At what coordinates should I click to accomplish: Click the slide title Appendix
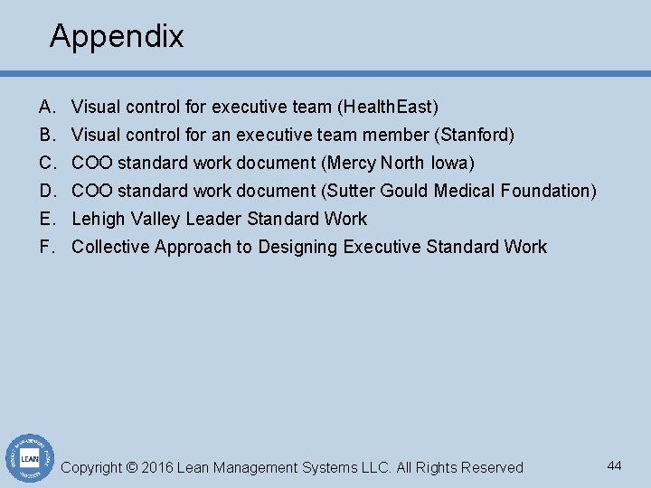tap(117, 37)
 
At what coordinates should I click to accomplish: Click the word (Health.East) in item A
tap(388, 108)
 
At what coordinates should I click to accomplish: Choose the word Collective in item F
tap(110, 247)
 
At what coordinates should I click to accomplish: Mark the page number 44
tap(614, 465)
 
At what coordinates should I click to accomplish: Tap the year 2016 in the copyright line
tap(156, 468)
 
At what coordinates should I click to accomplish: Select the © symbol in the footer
tap(131, 468)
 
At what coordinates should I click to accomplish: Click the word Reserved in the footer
tap(492, 468)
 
